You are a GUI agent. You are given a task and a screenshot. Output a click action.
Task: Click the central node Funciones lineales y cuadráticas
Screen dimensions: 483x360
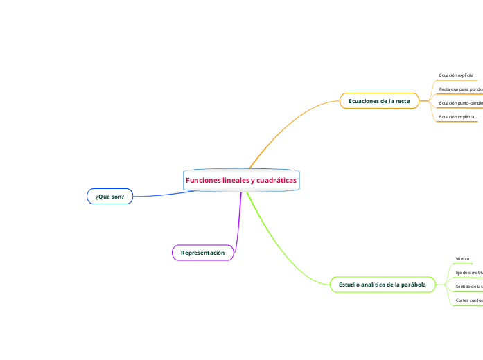point(240,180)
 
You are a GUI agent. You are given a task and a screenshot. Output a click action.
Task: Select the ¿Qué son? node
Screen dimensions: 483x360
point(109,197)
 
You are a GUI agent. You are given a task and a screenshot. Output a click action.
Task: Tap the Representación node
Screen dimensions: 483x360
point(202,253)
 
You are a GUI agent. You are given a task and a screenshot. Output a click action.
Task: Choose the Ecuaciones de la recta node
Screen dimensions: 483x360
point(379,101)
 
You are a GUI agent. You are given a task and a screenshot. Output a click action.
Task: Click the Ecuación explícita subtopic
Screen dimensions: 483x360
point(456,75)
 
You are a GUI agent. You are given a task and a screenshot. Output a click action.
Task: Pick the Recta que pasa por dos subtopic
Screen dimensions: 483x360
point(461,89)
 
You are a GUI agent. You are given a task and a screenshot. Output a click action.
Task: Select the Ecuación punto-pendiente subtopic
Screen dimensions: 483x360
point(461,103)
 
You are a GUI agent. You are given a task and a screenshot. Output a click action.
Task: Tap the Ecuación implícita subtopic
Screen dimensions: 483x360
point(457,117)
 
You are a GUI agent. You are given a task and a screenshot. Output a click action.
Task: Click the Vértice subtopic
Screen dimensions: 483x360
point(462,259)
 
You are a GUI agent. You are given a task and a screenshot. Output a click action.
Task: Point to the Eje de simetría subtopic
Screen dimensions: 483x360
point(468,273)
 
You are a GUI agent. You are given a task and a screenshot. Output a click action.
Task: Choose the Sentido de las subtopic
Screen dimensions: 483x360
point(468,287)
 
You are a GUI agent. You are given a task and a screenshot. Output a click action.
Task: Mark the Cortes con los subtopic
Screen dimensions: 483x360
point(468,300)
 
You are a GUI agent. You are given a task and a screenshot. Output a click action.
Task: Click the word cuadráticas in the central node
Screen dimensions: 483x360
point(276,180)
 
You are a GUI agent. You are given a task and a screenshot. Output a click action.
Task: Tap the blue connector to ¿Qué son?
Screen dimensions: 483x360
point(163,195)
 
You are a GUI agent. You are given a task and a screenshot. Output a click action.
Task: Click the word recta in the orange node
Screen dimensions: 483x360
point(401,101)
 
